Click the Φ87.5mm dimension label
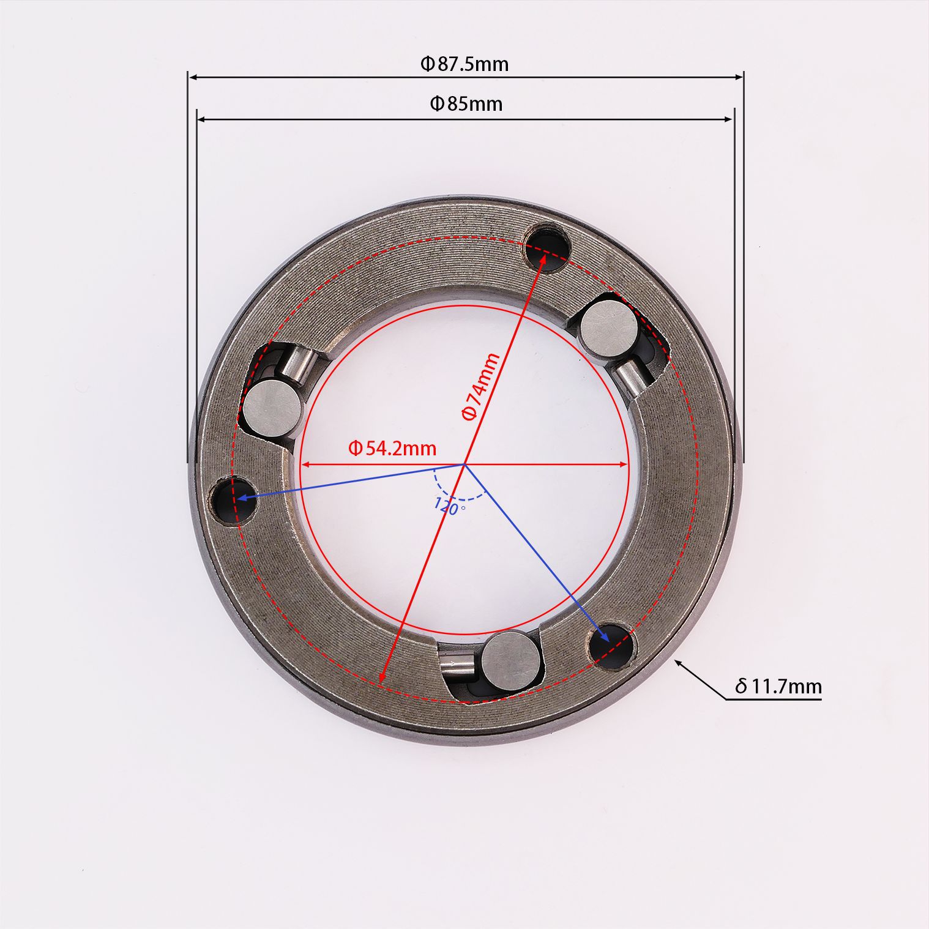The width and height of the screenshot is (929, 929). pos(464,64)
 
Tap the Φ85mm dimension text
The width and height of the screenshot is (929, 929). pos(466,104)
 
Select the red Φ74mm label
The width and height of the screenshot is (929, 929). pos(480,386)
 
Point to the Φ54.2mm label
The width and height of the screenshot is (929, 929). pos(392,449)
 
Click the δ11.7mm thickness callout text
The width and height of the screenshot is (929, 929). pos(778,686)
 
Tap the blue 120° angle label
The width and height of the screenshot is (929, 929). pos(449,506)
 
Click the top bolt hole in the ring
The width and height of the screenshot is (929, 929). pos(549,247)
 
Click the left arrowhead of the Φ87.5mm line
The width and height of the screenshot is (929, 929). pos(192,78)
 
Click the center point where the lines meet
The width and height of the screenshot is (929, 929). pos(463,464)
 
